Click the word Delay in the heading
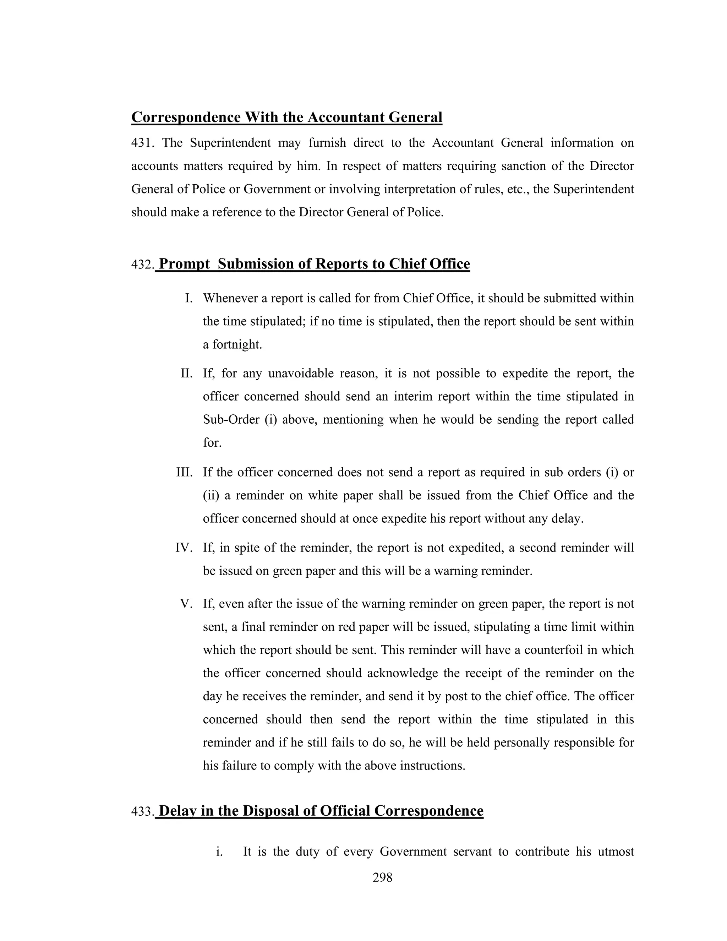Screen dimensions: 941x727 pos(178,811)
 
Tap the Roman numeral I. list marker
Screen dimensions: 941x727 pos(188,298)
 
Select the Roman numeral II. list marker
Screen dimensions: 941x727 pos(186,373)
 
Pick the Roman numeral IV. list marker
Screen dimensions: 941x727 pos(184,548)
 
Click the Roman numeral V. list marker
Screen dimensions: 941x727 pos(186,604)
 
